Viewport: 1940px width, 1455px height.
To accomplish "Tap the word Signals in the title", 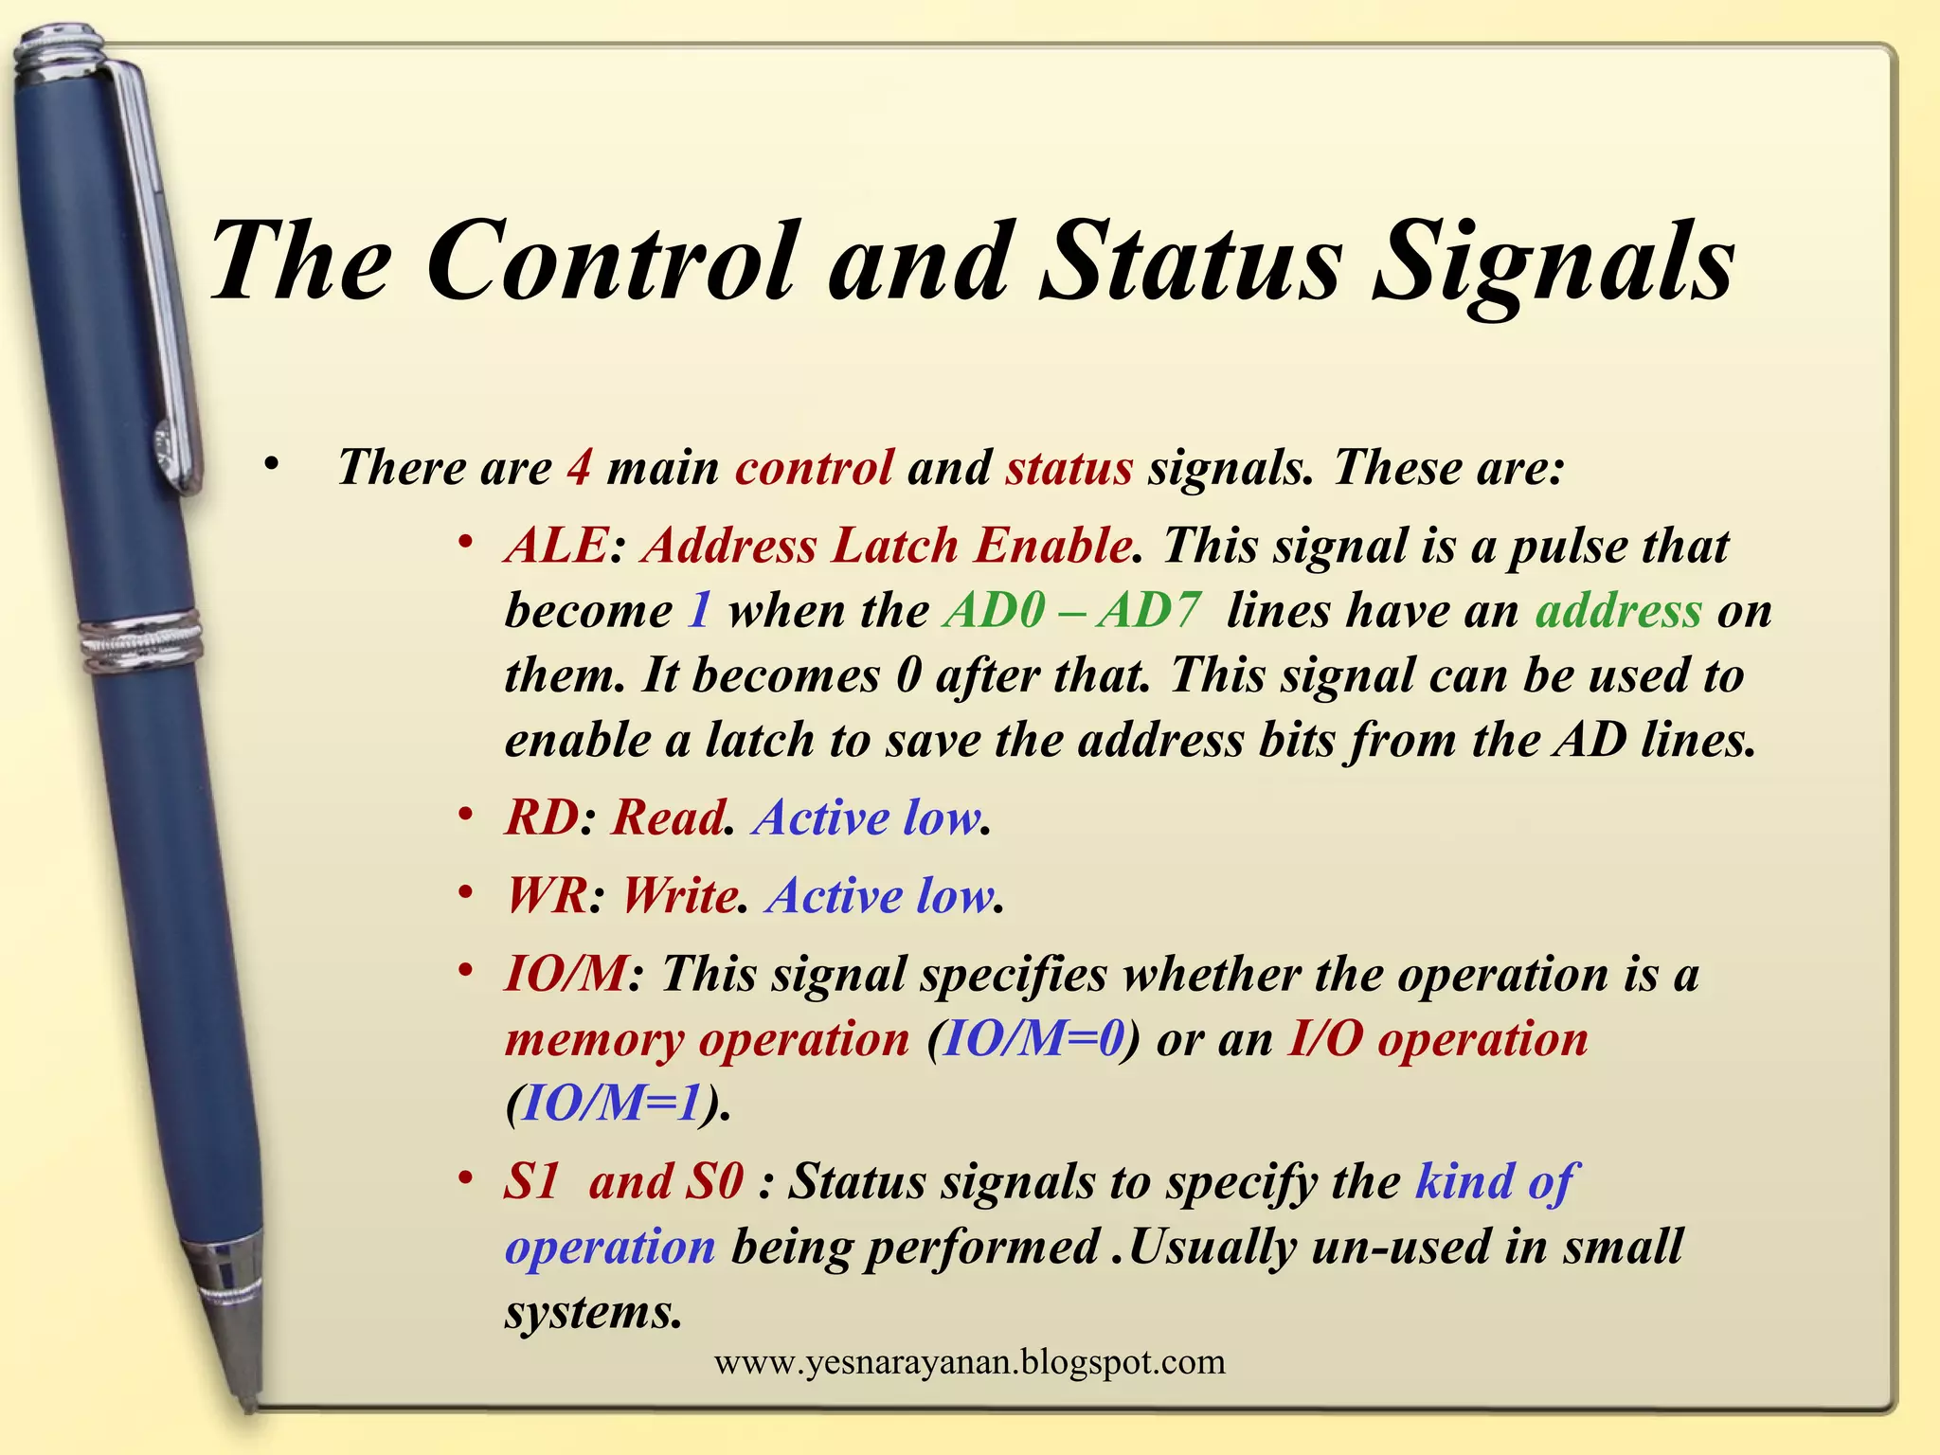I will (x=1554, y=262).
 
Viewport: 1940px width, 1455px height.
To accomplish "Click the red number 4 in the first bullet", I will (x=579, y=467).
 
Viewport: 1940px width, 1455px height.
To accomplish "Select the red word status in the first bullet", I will (x=1069, y=467).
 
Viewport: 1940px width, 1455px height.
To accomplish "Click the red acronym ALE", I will (x=556, y=546).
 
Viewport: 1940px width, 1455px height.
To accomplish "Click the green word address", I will (x=1618, y=610).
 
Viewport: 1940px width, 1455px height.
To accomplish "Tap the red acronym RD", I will (x=541, y=817).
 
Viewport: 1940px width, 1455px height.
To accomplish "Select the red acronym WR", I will (x=547, y=895).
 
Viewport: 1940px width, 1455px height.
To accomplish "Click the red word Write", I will (x=678, y=895).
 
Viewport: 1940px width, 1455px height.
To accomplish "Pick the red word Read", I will (x=667, y=817).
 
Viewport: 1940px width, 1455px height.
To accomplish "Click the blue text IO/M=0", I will (x=1033, y=1039).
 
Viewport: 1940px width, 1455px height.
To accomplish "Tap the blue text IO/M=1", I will (x=612, y=1103).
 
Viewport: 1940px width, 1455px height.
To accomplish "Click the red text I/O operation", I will (x=1437, y=1039).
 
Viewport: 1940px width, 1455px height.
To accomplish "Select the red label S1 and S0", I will (x=623, y=1181).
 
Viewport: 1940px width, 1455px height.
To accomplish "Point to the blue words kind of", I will (x=1495, y=1181).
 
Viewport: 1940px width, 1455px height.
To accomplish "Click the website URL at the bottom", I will (x=969, y=1362).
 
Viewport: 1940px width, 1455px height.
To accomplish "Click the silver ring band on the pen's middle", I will (x=142, y=640).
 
